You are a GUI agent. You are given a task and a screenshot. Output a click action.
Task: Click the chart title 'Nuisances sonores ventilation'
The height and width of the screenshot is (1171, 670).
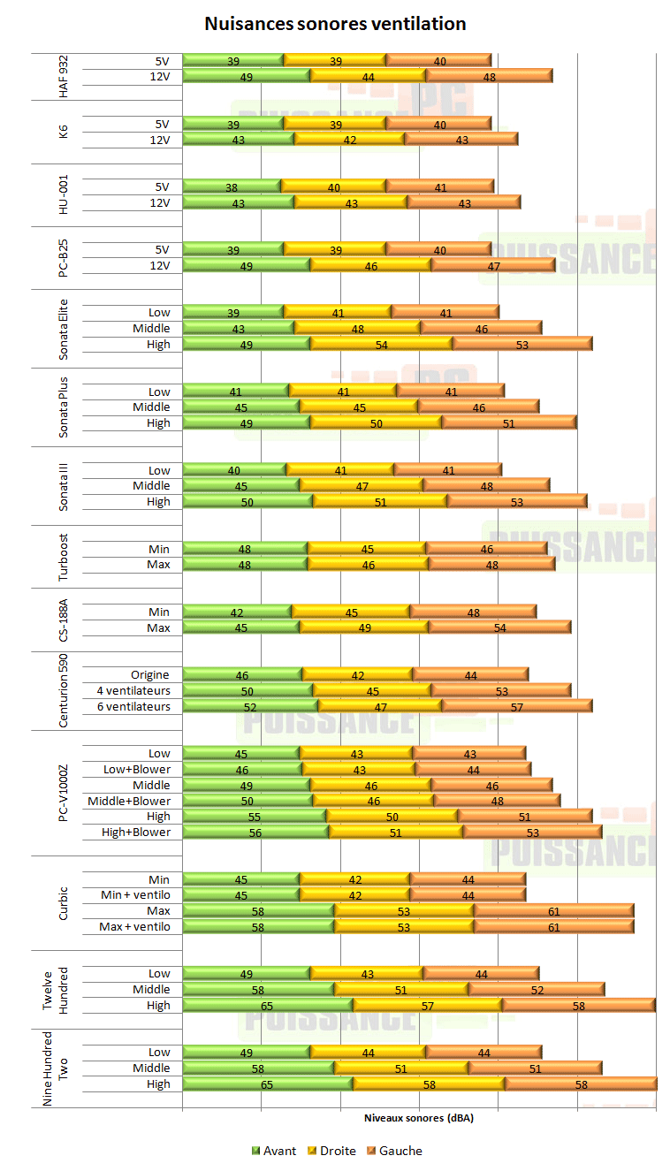coord(335,24)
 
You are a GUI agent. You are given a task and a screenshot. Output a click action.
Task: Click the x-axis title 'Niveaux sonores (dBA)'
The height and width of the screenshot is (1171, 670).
coord(419,1118)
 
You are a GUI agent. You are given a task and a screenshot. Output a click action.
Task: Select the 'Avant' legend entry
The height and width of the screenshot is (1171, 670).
coord(274,1151)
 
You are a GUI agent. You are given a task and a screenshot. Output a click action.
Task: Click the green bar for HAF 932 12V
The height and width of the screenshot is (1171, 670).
coord(247,77)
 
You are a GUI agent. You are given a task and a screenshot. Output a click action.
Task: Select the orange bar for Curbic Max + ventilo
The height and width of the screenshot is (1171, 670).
coord(553,927)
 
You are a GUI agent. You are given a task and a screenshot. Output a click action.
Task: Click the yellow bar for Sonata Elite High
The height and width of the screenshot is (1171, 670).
coord(381,345)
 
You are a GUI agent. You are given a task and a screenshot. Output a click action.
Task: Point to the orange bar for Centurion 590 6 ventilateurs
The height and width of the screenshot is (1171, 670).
coord(516,706)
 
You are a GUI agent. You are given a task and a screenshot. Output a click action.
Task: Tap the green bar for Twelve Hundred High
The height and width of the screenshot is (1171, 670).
coord(267,1006)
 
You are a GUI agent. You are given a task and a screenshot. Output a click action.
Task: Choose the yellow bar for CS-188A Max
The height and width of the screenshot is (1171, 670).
coord(363,627)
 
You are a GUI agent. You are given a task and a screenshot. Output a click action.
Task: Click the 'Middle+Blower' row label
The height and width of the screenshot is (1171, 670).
coord(128,801)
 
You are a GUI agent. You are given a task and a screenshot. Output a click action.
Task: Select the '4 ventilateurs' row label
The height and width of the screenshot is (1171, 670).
coord(133,690)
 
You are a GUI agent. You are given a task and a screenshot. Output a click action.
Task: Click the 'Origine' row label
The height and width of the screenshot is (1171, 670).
coord(150,675)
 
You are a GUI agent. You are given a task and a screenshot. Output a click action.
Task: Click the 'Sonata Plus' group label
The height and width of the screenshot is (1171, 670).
coord(63,407)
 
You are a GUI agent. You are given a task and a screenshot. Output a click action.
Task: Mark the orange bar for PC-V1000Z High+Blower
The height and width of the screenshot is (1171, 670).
coord(532,833)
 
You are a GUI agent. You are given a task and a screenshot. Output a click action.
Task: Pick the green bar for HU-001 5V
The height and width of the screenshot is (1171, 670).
coord(232,186)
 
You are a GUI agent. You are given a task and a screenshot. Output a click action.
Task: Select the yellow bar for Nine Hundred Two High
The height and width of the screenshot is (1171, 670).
coord(429,1084)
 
